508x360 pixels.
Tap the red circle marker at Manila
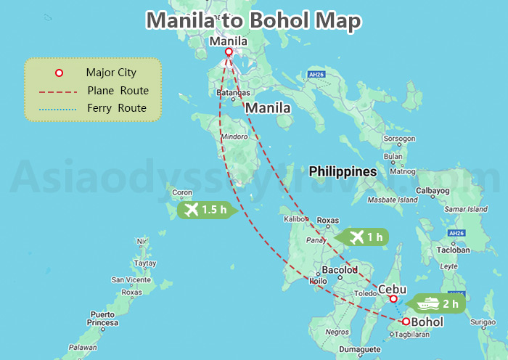pos(229,52)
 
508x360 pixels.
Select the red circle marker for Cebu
pos(393,299)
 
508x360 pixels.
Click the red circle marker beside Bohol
pos(406,322)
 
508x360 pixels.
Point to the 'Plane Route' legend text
pos(118,91)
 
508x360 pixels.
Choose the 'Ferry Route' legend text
pos(116,109)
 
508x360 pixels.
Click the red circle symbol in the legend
pos(60,73)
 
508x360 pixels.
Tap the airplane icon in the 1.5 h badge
pos(192,210)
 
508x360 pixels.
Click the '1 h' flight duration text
pos(374,237)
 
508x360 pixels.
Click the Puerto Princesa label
pos(102,318)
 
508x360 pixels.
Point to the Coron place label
pos(182,193)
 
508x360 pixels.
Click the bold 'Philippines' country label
pos(343,172)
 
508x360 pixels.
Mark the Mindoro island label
pos(234,136)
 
